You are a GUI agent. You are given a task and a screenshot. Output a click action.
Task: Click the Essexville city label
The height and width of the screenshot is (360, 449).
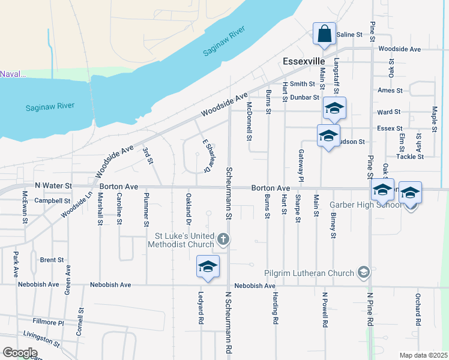tap(304, 62)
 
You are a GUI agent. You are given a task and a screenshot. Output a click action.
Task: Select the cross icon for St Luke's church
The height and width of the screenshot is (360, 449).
tap(223, 239)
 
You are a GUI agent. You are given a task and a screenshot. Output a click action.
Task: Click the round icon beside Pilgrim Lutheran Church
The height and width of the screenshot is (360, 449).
tap(363, 274)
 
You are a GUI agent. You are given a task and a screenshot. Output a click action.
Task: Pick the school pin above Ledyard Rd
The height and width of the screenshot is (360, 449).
tap(208, 267)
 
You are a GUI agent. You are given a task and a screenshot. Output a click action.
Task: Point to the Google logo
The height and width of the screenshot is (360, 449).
tap(19, 353)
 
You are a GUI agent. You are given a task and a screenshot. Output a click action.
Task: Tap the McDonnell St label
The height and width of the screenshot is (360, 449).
tap(249, 120)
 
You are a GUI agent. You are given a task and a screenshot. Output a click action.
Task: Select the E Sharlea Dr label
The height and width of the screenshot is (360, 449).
tap(208, 155)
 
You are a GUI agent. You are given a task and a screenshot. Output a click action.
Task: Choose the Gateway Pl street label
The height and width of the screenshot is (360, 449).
tap(301, 166)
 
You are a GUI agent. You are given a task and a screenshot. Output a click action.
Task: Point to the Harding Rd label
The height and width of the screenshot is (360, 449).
tap(275, 308)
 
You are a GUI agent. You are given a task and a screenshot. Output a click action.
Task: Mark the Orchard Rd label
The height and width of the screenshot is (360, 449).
tap(417, 309)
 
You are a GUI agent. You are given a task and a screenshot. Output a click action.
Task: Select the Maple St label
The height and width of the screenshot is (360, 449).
tap(434, 118)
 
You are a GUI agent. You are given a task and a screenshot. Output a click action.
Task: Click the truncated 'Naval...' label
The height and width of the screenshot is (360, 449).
tap(13, 74)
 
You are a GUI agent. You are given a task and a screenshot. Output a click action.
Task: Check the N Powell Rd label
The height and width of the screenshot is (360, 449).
tap(325, 309)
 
